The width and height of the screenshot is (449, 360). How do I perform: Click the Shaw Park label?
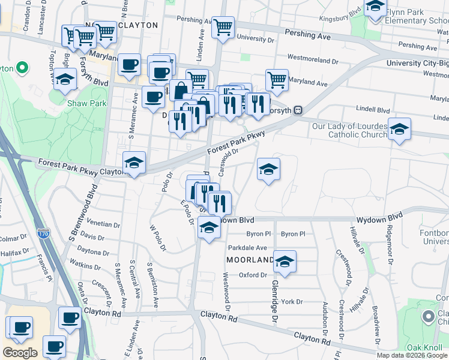(88, 103)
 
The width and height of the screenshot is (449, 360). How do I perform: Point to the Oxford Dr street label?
(252, 275)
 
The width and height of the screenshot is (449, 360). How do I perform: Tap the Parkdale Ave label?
(247, 247)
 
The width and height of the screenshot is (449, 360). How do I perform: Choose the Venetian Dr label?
(103, 224)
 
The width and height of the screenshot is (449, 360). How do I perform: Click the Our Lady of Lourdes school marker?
(399, 129)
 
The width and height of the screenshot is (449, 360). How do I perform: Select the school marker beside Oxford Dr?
(285, 262)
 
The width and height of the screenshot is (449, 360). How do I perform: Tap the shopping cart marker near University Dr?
(223, 27)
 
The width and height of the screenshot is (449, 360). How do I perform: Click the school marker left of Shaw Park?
(65, 79)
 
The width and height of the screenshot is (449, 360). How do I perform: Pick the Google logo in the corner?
(20, 353)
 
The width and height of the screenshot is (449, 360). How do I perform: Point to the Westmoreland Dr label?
(313, 61)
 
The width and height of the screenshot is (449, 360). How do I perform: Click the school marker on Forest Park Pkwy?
(134, 163)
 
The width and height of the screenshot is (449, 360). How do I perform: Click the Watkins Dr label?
(85, 265)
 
